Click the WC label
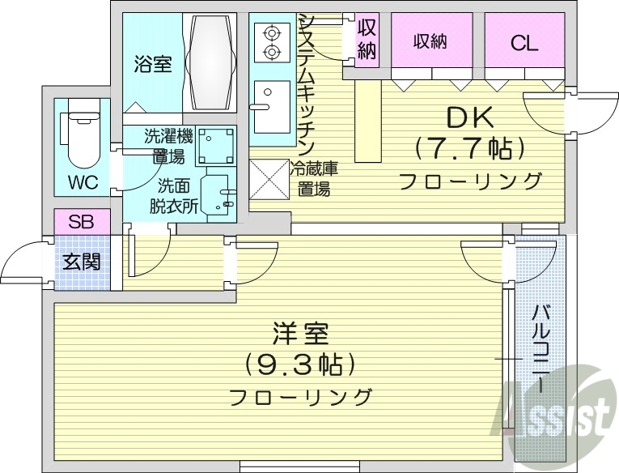pos(83,181)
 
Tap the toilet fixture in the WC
pos(79,136)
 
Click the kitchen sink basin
pos(267,106)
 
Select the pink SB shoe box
pos(80,222)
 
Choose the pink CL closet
pos(524,44)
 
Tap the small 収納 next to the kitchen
pos(367,38)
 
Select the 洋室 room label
pos(300,335)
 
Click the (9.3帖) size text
pos(300,364)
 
